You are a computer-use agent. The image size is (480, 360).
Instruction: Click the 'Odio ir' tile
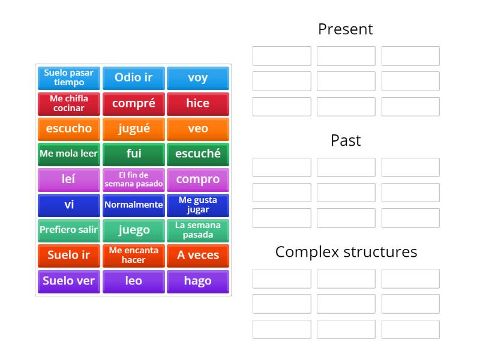point(133,78)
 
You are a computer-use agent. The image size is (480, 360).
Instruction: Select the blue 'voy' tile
point(197,78)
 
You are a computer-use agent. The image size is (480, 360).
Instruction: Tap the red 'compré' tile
point(133,103)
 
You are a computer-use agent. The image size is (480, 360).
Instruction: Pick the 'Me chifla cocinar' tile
point(69,103)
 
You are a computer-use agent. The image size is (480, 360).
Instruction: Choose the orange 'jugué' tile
point(133,128)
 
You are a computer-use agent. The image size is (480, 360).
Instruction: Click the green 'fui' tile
point(133,154)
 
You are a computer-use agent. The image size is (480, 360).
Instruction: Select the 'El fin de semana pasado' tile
point(133,179)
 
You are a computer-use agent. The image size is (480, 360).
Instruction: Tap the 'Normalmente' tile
point(133,205)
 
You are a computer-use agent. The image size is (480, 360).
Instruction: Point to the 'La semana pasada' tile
point(197,230)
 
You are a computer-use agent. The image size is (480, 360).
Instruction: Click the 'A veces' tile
point(197,255)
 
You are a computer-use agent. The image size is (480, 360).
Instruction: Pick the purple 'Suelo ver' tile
point(69,281)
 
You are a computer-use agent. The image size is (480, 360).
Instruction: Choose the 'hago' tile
point(197,281)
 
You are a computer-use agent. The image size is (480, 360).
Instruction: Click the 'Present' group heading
point(346,29)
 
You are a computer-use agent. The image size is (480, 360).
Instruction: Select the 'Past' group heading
point(346,140)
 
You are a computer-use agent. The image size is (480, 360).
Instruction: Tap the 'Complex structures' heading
point(346,252)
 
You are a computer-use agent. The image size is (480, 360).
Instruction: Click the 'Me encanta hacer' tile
point(133,255)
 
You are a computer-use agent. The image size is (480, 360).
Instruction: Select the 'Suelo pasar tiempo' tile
point(69,78)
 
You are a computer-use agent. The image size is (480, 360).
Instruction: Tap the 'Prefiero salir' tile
point(69,230)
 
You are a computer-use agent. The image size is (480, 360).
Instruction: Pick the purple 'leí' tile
point(69,179)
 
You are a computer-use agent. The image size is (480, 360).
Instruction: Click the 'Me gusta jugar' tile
point(197,205)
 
